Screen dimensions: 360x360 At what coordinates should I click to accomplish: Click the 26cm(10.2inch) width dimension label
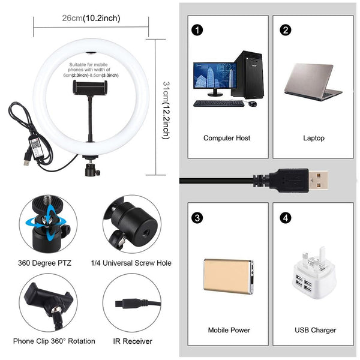pos(91,18)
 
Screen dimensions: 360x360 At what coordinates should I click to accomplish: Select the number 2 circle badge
pos(286,29)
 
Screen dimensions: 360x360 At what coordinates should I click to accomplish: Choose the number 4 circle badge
pos(286,217)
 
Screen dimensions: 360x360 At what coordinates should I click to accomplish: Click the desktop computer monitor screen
pos(213,77)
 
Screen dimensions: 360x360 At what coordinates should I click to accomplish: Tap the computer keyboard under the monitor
pos(218,103)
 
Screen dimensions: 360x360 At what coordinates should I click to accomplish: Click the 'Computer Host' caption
pos(226,138)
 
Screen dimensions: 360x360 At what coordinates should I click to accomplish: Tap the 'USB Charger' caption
pos(315,330)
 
